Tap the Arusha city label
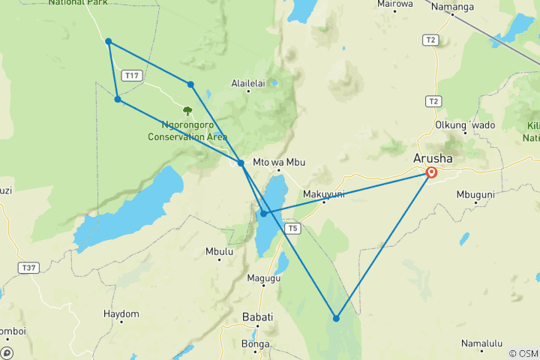(x=432, y=158)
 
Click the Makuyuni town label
(x=323, y=193)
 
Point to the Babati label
(x=257, y=317)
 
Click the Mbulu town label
(x=218, y=252)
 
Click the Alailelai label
(x=249, y=83)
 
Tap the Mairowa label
(x=395, y=4)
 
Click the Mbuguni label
(x=475, y=194)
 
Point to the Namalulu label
(x=481, y=343)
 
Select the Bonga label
(x=256, y=344)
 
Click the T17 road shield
(x=132, y=75)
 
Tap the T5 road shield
(x=293, y=228)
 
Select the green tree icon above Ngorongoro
(x=187, y=111)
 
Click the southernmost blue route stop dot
(x=336, y=319)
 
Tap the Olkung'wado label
(x=465, y=124)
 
